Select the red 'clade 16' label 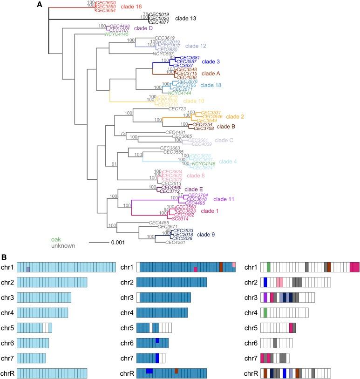pyautogui.click(x=184, y=7)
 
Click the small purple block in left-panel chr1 pyautogui.click(x=28, y=270)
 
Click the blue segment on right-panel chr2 pyautogui.click(x=265, y=282)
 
